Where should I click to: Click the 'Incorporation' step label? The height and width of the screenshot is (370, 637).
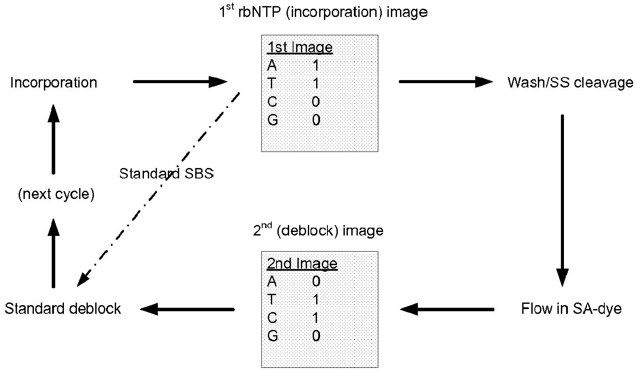pyautogui.click(x=53, y=83)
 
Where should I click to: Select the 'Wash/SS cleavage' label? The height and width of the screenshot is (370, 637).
pyautogui.click(x=570, y=83)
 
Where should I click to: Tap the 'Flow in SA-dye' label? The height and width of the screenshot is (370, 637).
pyautogui.click(x=571, y=309)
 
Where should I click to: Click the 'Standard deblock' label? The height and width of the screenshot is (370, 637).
pyautogui.click(x=63, y=309)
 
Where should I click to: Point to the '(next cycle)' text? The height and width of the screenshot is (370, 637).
pyautogui.click(x=56, y=194)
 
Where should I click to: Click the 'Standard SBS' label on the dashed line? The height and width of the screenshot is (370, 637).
pyautogui.click(x=167, y=174)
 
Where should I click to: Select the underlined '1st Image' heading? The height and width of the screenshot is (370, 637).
pyautogui.click(x=300, y=47)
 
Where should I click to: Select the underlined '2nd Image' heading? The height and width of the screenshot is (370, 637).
pyautogui.click(x=302, y=264)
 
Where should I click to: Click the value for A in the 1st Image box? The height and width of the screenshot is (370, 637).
pyautogui.click(x=316, y=65)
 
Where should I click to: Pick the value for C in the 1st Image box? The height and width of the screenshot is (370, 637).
pyautogui.click(x=316, y=102)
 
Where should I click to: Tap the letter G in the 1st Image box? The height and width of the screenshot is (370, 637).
pyautogui.click(x=273, y=120)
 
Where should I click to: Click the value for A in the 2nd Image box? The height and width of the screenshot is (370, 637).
pyautogui.click(x=316, y=282)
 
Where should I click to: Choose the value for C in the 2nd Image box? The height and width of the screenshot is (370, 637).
pyautogui.click(x=316, y=318)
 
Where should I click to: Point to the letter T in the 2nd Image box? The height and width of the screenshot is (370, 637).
pyautogui.click(x=272, y=299)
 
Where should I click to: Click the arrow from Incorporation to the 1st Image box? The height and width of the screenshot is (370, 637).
pyautogui.click(x=180, y=82)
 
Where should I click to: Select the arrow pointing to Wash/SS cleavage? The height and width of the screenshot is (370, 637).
pyautogui.click(x=445, y=82)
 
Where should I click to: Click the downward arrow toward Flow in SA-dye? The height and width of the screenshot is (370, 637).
pyautogui.click(x=562, y=200)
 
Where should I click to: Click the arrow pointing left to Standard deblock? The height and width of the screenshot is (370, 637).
pyautogui.click(x=187, y=309)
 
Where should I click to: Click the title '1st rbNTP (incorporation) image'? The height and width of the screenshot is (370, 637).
pyautogui.click(x=323, y=11)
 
